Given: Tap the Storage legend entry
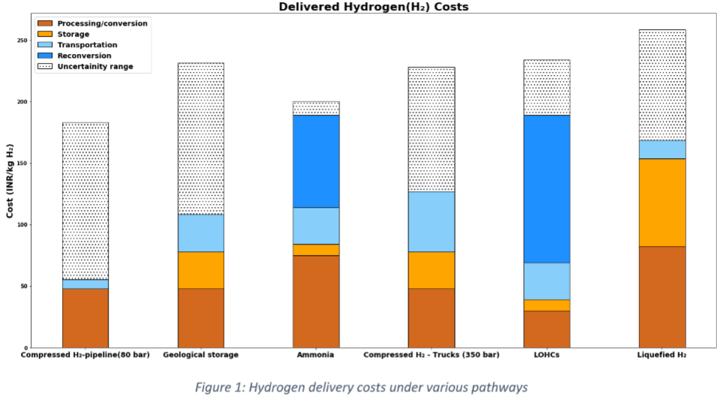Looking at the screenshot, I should pyautogui.click(x=73, y=34).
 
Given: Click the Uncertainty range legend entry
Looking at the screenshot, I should pyautogui.click(x=94, y=67).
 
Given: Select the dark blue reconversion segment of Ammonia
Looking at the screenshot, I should pyautogui.click(x=316, y=161).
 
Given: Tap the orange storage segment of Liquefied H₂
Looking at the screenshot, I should pyautogui.click(x=662, y=202).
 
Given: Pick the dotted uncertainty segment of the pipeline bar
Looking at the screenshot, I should pyautogui.click(x=85, y=201).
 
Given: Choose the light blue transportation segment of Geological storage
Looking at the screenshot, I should pyautogui.click(x=201, y=233).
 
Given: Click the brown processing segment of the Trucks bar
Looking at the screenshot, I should pyautogui.click(x=431, y=318).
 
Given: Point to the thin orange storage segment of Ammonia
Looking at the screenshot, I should pyautogui.click(x=316, y=250).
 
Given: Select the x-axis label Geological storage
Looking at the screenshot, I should pyautogui.click(x=201, y=355).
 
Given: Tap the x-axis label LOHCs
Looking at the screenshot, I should pyautogui.click(x=547, y=355).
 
